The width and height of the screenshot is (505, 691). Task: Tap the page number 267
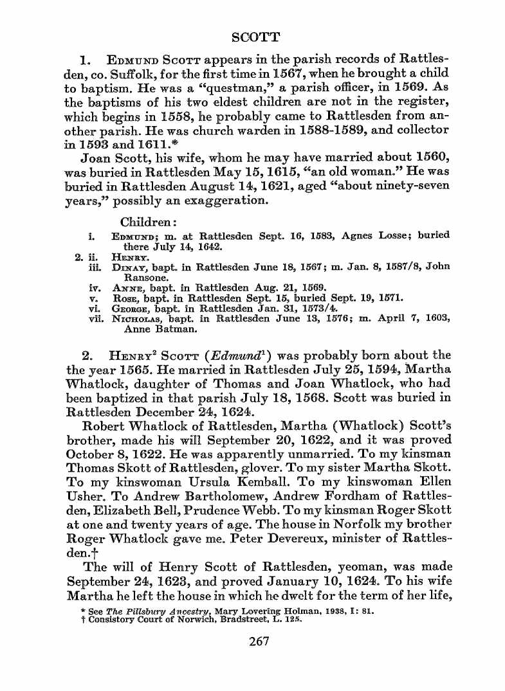pyautogui.click(x=259, y=640)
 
